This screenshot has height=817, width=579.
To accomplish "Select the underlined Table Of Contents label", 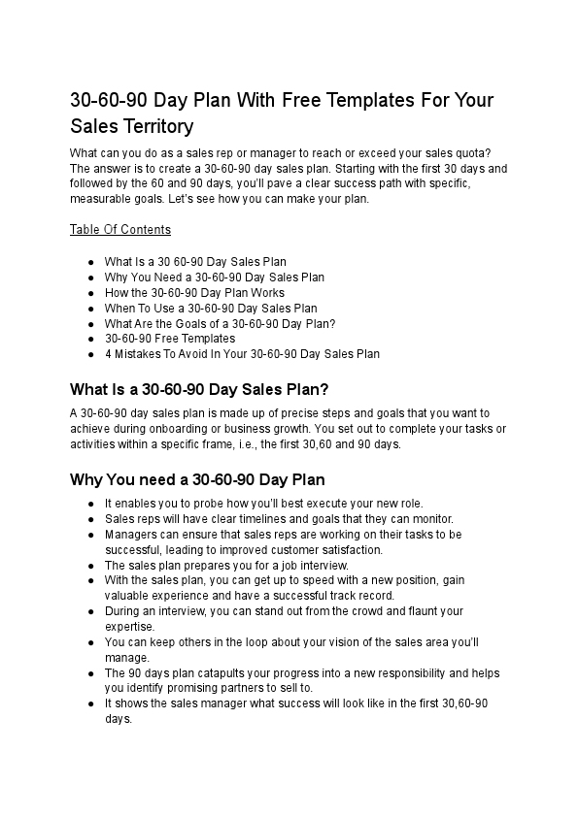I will [120, 230].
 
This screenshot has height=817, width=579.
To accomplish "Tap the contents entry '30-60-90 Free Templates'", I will [170, 339].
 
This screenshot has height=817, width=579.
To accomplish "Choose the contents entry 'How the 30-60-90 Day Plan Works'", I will [194, 292].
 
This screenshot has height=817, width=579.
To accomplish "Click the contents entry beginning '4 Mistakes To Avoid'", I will [242, 354].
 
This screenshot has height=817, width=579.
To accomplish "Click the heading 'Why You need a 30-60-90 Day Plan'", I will [197, 479].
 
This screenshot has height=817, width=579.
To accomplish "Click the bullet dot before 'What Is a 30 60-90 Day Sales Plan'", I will [90, 262].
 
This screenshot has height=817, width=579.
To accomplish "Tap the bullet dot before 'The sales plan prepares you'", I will [90, 565].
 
